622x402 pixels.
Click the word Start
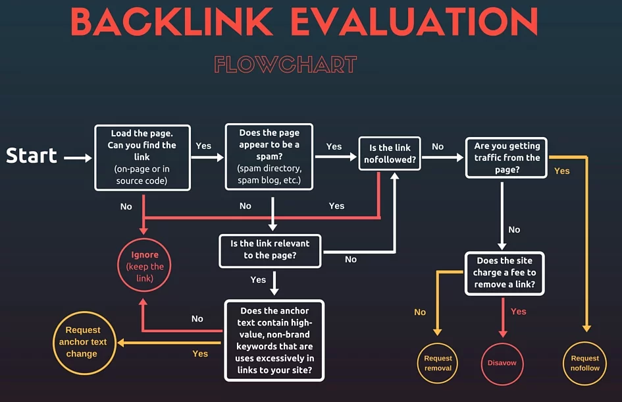32,156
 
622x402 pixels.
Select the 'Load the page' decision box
143,158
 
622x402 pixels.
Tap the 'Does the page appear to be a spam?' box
269,158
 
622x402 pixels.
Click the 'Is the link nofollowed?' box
390,154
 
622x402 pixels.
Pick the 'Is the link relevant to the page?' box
270,249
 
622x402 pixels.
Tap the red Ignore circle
145,266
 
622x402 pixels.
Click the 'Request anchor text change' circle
83,341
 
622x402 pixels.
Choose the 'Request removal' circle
438,363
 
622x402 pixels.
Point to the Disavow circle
502,363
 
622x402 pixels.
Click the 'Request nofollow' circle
585,363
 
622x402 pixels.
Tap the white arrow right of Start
78,158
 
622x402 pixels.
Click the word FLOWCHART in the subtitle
285,65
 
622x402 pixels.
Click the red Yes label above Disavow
519,311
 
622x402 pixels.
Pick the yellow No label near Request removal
420,312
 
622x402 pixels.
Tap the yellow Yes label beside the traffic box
562,171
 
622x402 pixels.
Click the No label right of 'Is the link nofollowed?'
438,146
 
